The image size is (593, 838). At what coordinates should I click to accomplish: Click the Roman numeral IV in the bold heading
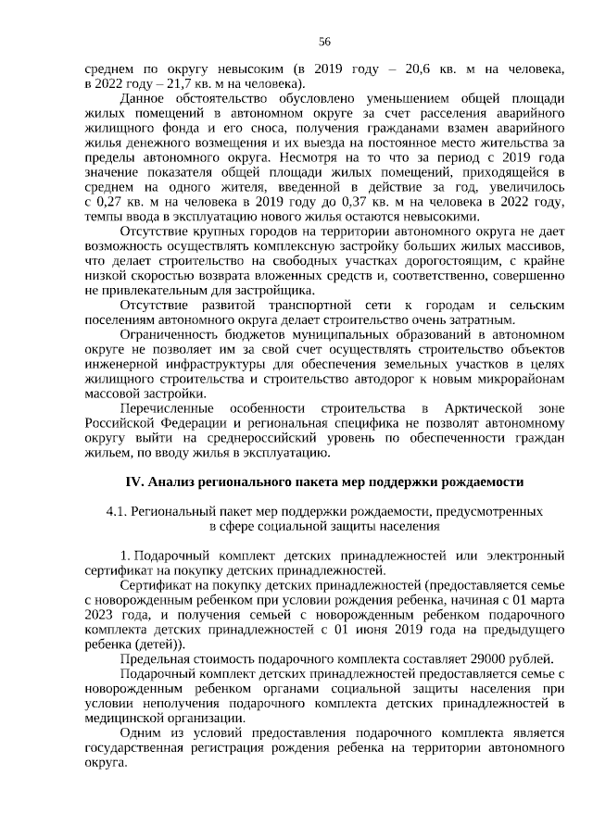132,482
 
